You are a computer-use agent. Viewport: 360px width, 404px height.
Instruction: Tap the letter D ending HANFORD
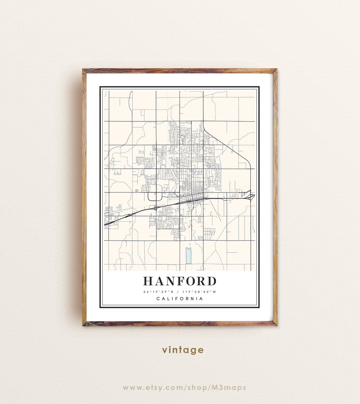[211, 281]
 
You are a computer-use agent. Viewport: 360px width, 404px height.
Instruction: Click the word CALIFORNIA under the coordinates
[180, 299]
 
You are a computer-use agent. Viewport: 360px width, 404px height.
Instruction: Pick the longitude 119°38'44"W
[201, 292]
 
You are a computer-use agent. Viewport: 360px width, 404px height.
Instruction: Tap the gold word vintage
[183, 350]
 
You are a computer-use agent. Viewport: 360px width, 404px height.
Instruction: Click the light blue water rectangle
[188, 255]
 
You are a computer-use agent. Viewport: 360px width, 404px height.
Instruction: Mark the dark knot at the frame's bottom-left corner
[85, 324]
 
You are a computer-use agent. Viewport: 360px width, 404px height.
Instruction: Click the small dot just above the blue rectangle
[190, 244]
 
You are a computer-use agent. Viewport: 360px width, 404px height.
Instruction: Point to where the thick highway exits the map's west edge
[105, 225]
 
